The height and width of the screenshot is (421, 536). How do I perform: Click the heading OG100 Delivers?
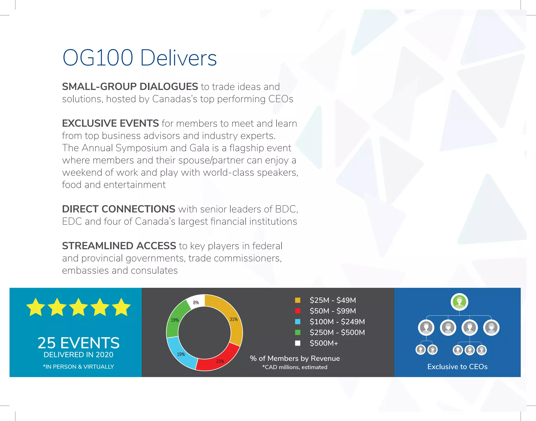point(139,58)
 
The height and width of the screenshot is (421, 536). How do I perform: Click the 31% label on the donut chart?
point(234,319)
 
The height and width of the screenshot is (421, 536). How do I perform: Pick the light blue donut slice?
point(181,353)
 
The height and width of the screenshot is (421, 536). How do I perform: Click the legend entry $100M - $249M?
point(337,322)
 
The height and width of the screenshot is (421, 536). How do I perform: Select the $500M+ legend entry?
point(324,343)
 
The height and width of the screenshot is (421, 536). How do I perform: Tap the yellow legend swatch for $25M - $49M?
point(298,300)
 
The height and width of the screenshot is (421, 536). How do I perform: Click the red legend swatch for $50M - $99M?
point(298,311)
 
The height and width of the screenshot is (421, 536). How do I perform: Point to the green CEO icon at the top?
point(459,302)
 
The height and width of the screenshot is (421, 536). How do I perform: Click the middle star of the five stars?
point(79,307)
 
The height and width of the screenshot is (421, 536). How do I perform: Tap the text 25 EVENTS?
point(79,343)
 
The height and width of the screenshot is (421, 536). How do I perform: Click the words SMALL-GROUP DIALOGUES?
point(130,87)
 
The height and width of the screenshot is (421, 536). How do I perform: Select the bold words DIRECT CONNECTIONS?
point(119,209)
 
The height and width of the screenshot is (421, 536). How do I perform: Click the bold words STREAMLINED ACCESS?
point(119,246)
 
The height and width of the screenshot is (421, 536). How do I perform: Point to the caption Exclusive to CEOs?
point(457,367)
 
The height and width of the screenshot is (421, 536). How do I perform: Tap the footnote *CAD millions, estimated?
point(295,367)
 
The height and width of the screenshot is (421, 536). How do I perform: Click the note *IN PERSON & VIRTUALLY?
point(79,367)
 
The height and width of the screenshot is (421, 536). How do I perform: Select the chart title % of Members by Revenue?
point(295,358)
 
